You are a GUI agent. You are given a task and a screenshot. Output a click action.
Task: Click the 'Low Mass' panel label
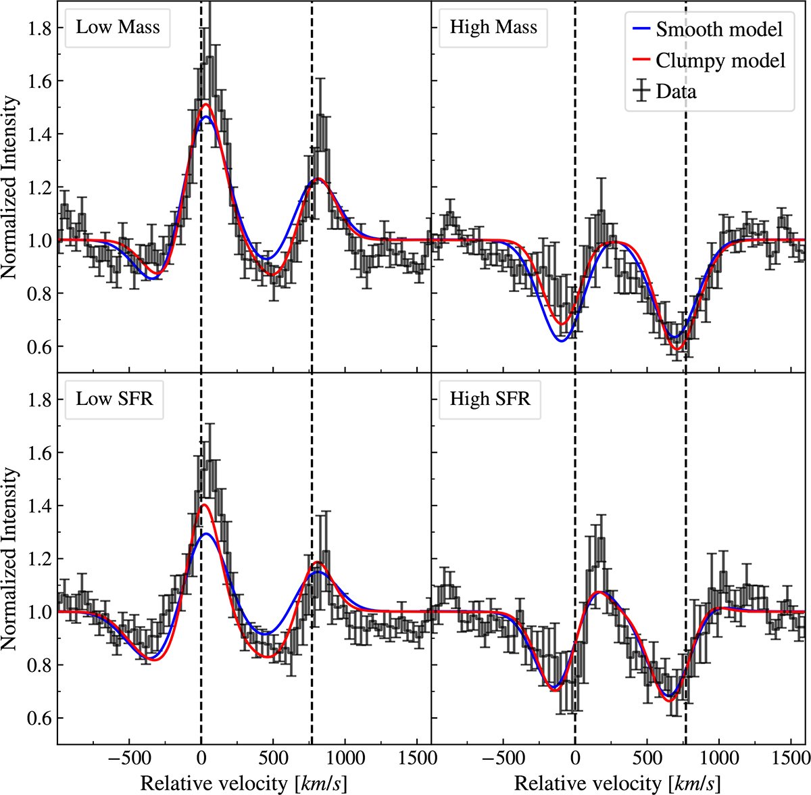tap(118, 28)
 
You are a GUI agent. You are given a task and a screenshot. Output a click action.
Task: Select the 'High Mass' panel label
tap(493, 28)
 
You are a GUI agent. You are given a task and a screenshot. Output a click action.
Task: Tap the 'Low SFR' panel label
tap(114, 399)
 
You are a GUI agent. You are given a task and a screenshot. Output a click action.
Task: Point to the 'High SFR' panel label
tap(490, 399)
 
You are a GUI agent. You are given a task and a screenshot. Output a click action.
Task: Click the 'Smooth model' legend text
tap(719, 30)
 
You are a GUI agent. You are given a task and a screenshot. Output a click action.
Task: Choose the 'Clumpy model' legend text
tap(720, 61)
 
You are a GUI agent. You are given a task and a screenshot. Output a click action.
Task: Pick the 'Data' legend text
tap(676, 91)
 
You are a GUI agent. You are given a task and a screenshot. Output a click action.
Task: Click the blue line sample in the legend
tap(641, 30)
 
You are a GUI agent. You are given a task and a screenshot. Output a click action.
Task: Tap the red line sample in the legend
tap(641, 61)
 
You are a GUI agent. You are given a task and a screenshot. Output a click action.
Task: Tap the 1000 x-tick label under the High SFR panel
tap(718, 758)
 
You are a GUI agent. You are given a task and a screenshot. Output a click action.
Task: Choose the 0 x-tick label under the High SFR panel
tap(574, 758)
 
